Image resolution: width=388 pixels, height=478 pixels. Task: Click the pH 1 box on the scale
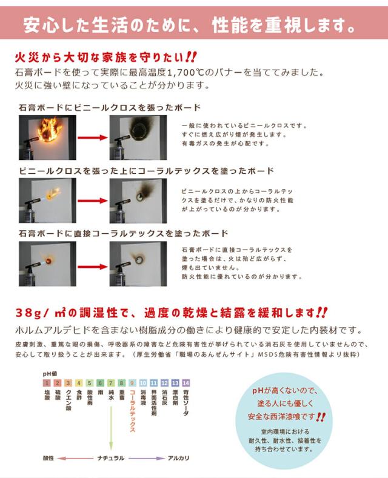46,383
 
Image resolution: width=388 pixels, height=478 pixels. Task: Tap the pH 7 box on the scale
110,383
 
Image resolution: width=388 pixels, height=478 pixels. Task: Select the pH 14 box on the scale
186,383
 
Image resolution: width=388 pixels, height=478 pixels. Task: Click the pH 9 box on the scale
132,383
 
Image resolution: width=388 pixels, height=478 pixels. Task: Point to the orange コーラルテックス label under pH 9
132,411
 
